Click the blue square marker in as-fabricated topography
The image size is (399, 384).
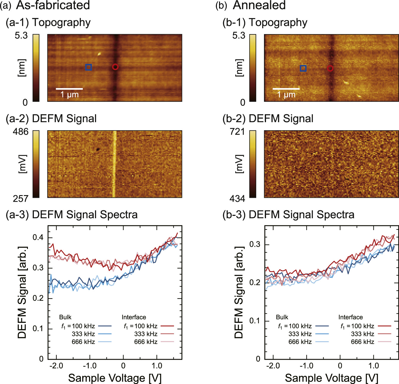(x=88, y=67)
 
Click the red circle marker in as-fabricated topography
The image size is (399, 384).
(x=115, y=67)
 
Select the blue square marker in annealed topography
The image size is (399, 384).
(x=303, y=68)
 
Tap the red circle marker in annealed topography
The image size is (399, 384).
(x=330, y=68)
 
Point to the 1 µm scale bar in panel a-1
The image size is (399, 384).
(x=69, y=89)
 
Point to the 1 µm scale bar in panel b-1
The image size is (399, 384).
(x=286, y=89)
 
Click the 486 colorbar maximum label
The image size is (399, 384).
(x=20, y=132)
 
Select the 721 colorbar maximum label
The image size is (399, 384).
(x=237, y=132)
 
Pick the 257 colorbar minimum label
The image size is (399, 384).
(x=20, y=199)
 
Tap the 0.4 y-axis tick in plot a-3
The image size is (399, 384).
(x=38, y=238)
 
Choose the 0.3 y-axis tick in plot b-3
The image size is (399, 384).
(x=255, y=245)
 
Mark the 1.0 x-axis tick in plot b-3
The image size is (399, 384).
(x=373, y=366)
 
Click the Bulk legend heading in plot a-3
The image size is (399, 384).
(x=65, y=317)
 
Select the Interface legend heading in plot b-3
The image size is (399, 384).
(x=350, y=317)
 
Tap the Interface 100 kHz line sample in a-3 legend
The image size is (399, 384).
(x=167, y=326)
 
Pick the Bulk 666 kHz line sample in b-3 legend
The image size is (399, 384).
(x=322, y=342)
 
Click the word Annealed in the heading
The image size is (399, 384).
(x=259, y=5)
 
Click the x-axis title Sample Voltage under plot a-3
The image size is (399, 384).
(x=115, y=378)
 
